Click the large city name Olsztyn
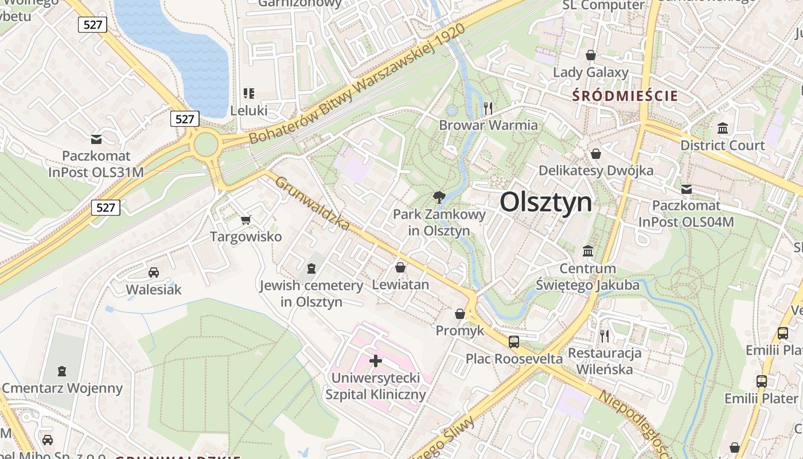point(545,203)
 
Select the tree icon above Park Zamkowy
point(439,198)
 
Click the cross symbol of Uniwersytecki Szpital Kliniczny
point(376,361)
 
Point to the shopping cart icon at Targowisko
point(246,220)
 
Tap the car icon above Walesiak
point(153,273)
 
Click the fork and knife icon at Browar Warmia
point(488,107)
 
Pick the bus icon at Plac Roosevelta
point(513,342)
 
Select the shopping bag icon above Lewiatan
point(400,267)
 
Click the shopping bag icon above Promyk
point(460,314)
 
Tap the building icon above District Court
point(722,128)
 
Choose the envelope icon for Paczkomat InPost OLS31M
point(96,139)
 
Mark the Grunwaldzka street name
point(312,204)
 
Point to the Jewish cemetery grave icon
point(311,268)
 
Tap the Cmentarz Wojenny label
point(63,388)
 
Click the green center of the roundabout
point(206,145)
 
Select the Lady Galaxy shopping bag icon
point(590,55)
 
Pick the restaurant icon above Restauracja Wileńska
point(604,336)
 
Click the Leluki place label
point(248,110)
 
